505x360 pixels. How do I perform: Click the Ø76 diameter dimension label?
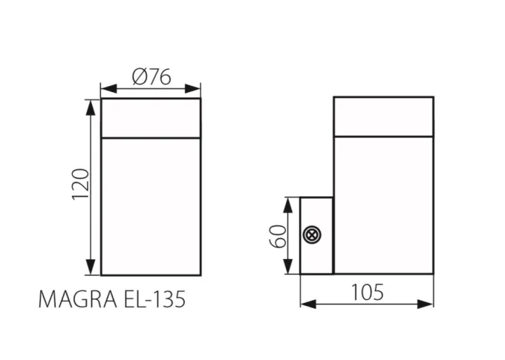tap(151, 76)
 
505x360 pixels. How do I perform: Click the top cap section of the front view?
tap(151, 118)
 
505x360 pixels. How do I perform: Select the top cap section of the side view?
tap(383, 116)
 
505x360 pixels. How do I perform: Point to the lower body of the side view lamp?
tap(383, 204)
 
